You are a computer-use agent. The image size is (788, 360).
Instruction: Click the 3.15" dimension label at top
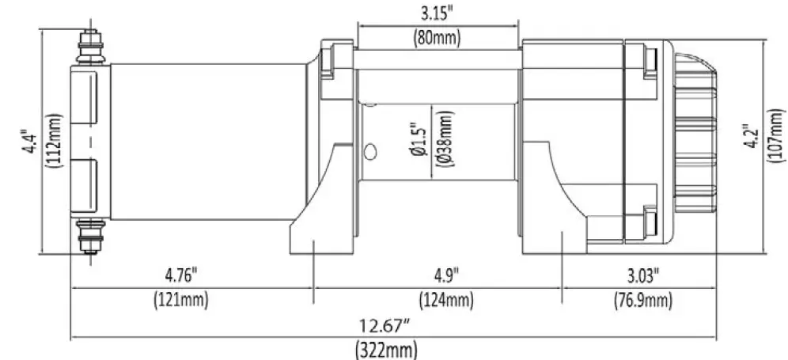(438, 13)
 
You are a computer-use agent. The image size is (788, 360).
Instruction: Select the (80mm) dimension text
(438, 36)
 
